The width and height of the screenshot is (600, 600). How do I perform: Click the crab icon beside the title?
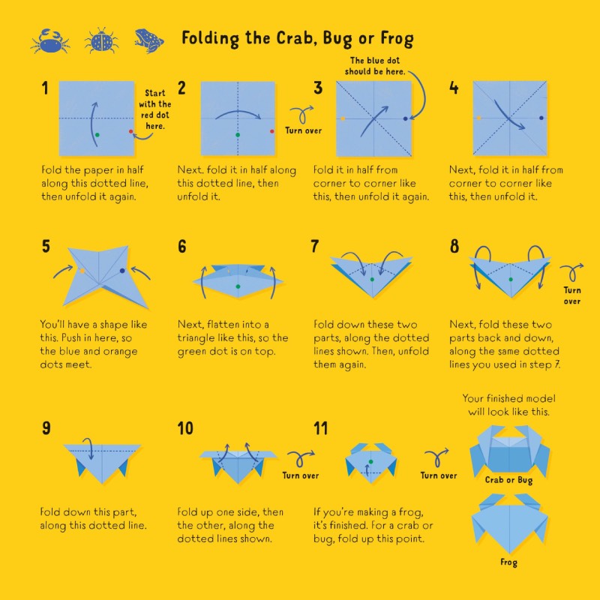tap(50, 41)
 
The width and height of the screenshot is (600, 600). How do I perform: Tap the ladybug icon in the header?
tap(101, 40)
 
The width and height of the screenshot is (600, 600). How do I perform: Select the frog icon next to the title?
tap(148, 40)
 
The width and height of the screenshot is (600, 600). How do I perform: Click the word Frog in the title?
tap(397, 38)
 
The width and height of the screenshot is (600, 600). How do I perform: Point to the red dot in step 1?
tap(130, 132)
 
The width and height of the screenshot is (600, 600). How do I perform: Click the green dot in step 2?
tap(238, 135)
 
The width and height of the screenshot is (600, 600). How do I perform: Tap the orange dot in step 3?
tap(343, 118)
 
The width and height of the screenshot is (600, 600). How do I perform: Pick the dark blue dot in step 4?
tap(541, 118)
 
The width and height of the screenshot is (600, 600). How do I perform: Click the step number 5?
tap(46, 246)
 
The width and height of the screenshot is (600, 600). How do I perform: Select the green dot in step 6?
tap(238, 286)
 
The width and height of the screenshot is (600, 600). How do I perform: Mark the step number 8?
tap(454, 246)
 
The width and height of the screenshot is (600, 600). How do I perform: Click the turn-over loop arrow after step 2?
tap(302, 114)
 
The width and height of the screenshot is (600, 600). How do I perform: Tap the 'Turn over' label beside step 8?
tap(572, 295)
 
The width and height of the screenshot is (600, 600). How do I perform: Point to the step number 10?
tap(185, 428)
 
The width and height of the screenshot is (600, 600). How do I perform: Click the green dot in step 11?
tap(370, 462)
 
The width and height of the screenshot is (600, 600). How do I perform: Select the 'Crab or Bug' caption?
tap(508, 480)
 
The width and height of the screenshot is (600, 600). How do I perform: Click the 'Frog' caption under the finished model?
tap(508, 562)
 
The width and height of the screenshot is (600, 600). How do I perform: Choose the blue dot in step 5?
tap(122, 271)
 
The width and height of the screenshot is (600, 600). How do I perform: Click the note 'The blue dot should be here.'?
tap(374, 66)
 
